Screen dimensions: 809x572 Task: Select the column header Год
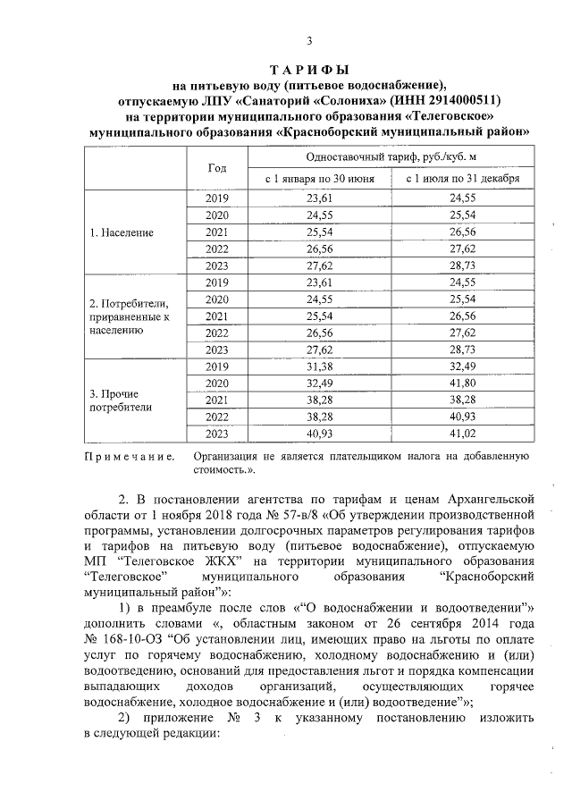coord(217,168)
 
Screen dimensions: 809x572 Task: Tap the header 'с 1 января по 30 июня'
coord(318,179)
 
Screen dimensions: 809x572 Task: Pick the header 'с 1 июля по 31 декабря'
coord(462,179)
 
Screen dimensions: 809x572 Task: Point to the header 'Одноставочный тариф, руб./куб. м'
coord(391,156)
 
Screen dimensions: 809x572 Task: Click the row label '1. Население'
coord(122,232)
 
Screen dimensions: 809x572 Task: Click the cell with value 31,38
coord(318,367)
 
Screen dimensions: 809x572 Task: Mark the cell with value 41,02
coord(462,434)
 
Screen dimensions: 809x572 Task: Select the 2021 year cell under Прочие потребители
coord(217,400)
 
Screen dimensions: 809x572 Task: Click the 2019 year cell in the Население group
coord(217,198)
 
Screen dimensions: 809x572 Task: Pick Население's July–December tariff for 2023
coord(462,266)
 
